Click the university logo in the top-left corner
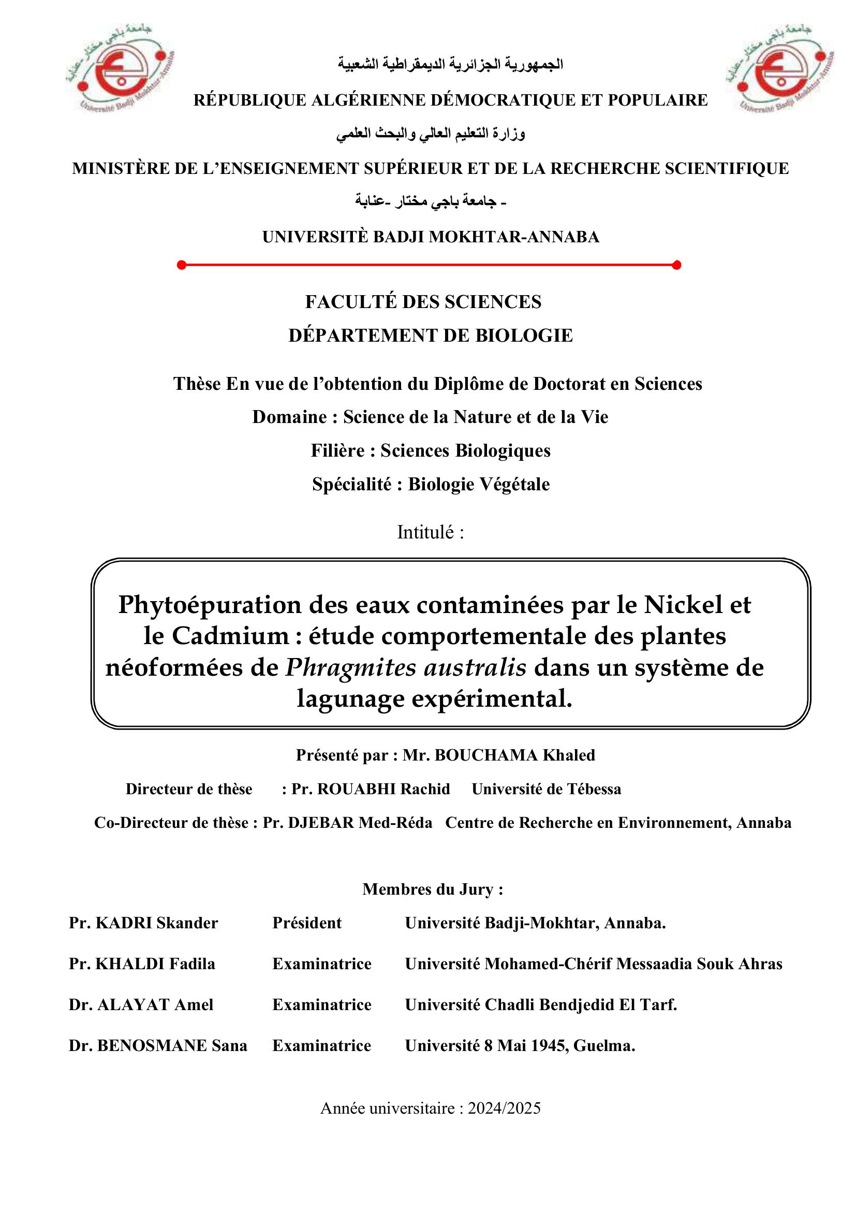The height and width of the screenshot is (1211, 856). [120, 67]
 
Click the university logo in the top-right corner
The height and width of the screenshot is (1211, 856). [779, 67]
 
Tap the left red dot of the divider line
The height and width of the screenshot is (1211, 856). [182, 265]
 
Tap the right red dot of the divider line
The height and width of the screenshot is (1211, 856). [677, 265]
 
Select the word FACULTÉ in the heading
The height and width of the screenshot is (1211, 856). [350, 302]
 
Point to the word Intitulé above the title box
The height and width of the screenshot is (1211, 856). [425, 532]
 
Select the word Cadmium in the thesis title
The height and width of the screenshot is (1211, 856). [230, 636]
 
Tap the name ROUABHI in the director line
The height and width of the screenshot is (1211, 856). [356, 789]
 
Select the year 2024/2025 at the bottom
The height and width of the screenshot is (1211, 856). [504, 1108]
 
